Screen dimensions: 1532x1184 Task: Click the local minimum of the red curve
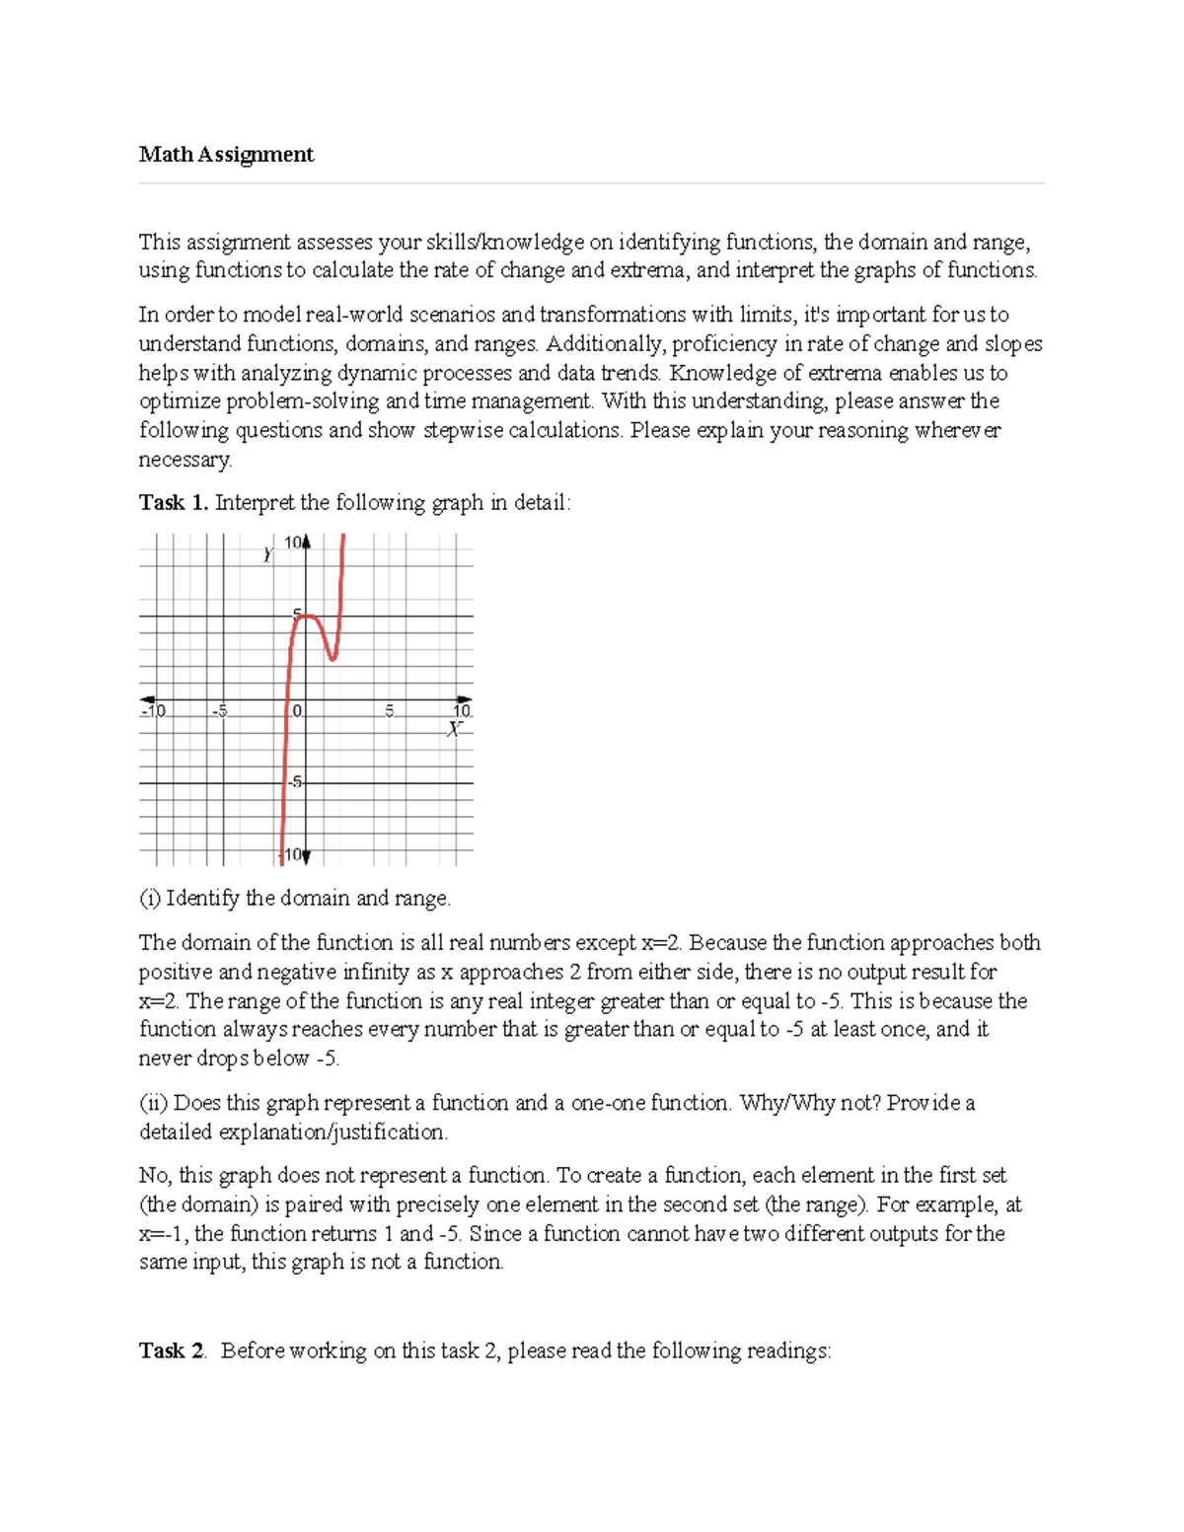[333, 658]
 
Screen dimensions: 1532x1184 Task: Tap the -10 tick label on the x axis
[154, 710]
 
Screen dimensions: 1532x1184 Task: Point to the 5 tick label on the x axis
[390, 710]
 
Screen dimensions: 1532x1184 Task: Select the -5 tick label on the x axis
[219, 710]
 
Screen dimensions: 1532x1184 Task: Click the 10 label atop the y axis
[293, 543]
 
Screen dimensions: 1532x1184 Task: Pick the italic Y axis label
[267, 555]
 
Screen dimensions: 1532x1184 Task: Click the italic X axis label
[454, 729]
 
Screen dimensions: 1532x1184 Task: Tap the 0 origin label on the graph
[297, 710]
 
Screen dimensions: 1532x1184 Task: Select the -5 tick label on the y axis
[295, 782]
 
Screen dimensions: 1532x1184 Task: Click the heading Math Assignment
[226, 154]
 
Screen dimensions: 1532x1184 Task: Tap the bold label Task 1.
[174, 503]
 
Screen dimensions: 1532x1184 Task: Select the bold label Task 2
[172, 1350]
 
